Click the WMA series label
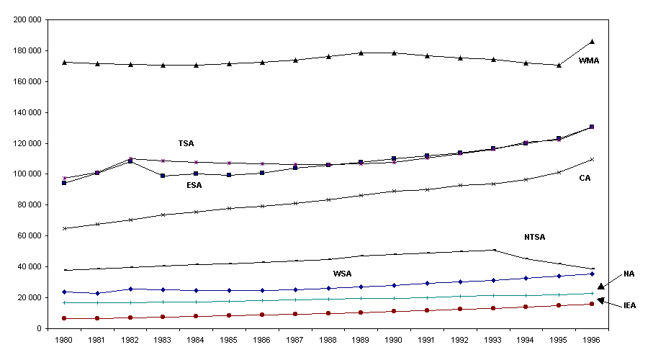coord(589,61)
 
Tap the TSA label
coord(186,143)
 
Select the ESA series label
coord(194,185)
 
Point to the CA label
coord(585,178)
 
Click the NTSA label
coord(535,237)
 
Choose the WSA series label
coord(343,274)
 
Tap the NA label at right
coord(629,274)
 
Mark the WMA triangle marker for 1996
coord(592,42)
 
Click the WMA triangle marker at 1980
coord(65,62)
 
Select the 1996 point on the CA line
coord(592,159)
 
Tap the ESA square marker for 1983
coord(163,176)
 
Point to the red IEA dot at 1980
coord(65,318)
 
